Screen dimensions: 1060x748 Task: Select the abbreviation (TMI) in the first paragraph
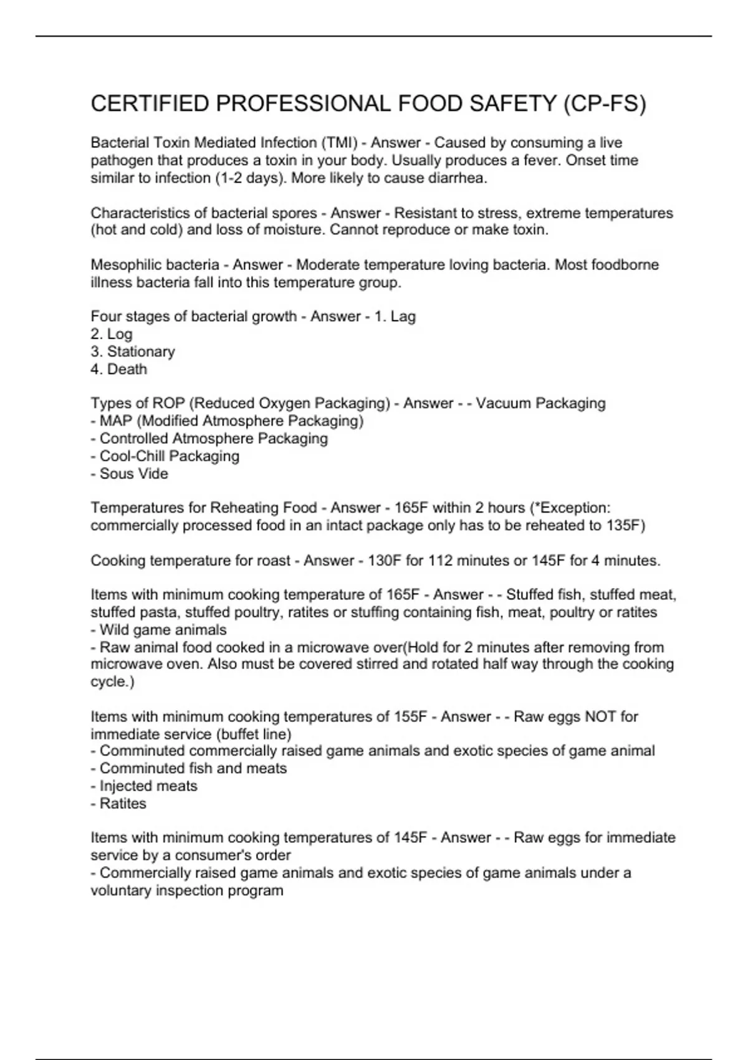[x=337, y=143]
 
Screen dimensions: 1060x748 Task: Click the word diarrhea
[x=457, y=178]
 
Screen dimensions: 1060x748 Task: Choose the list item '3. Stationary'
[x=133, y=352]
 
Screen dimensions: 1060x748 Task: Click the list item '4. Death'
[x=119, y=369]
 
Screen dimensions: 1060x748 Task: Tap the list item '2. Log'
[x=112, y=334]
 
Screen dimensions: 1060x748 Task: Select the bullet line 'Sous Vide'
[x=133, y=474]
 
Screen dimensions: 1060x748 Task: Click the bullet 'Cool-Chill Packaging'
[x=169, y=456]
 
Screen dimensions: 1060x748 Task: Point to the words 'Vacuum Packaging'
[x=540, y=403]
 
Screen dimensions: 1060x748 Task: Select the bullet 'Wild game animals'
[x=163, y=630]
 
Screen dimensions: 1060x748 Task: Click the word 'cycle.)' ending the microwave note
[x=112, y=682]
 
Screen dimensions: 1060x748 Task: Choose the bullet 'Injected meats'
[x=148, y=786]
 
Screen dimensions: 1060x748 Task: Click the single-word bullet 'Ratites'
[x=123, y=804]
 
